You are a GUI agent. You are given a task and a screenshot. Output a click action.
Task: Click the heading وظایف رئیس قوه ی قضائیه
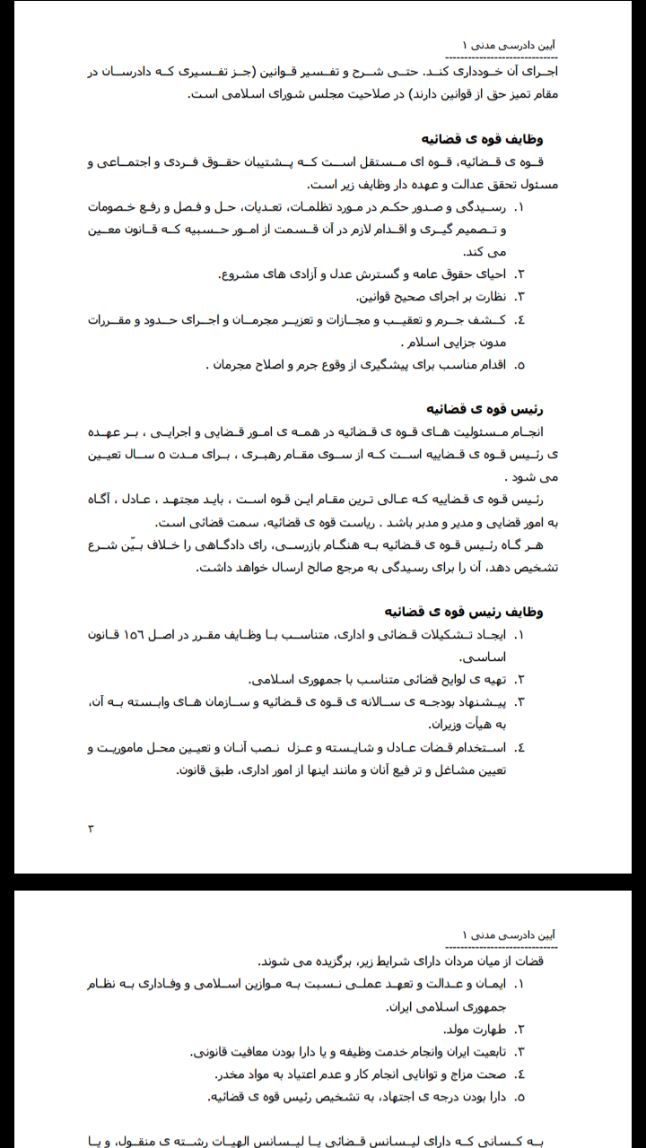465,612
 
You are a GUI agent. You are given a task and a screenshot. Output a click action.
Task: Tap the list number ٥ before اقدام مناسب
519,365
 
